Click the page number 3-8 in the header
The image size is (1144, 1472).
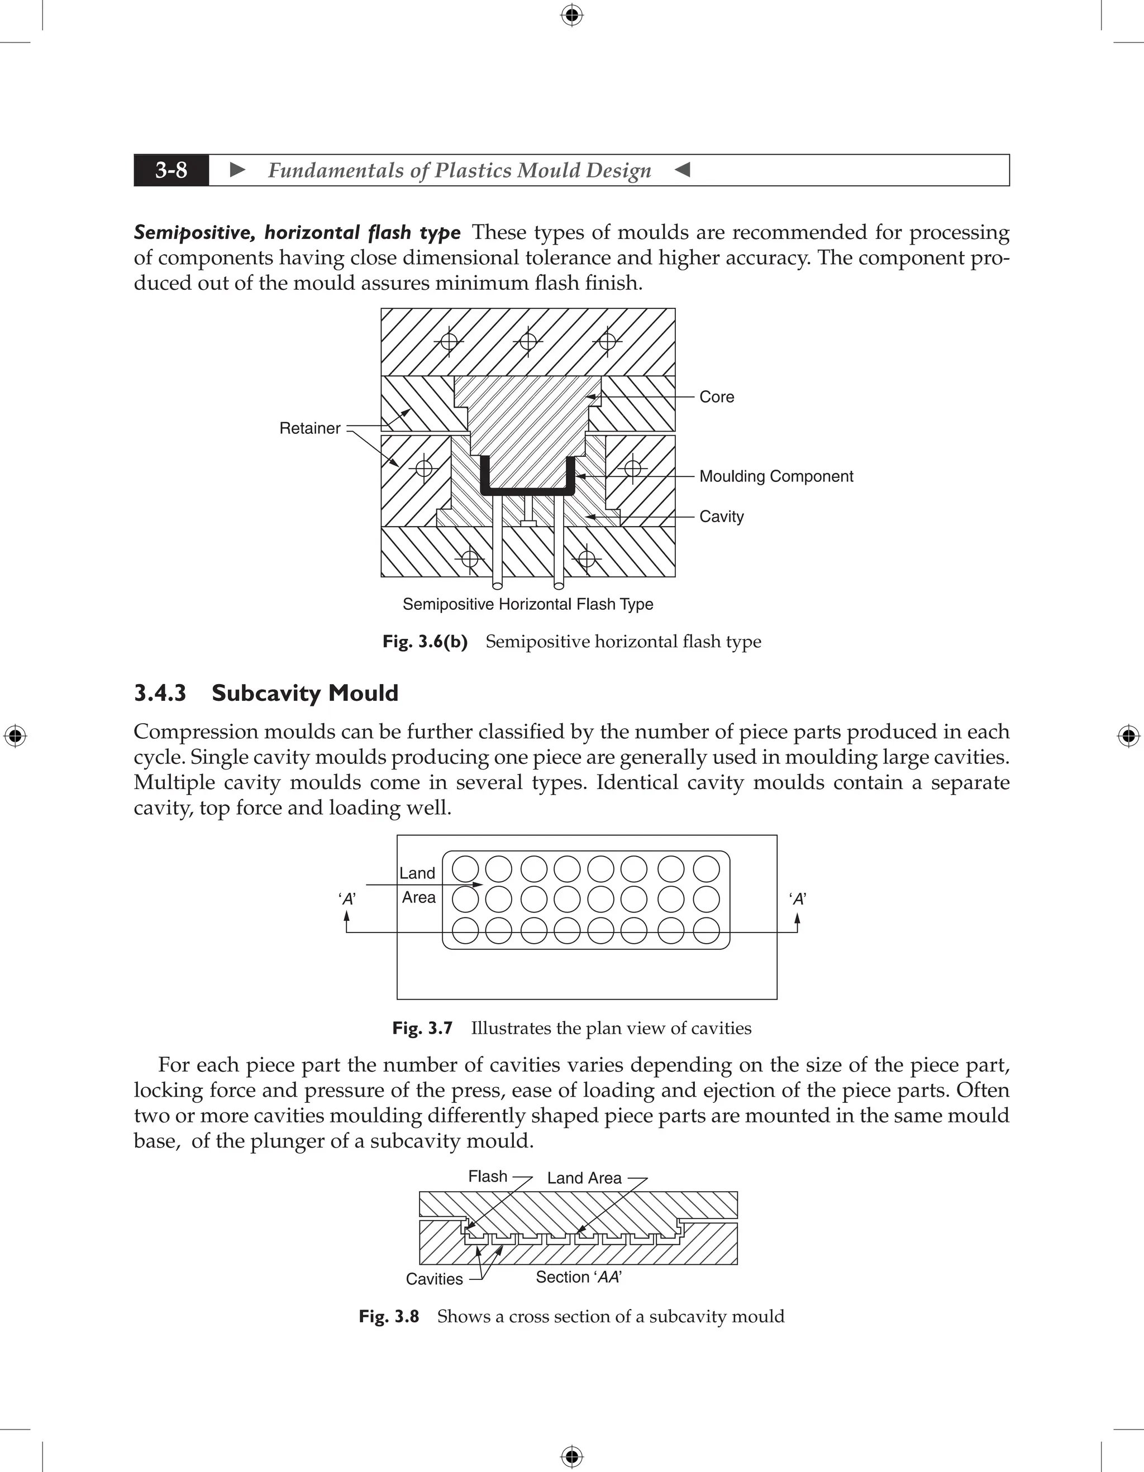[x=171, y=170]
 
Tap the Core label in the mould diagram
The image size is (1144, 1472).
[x=717, y=397]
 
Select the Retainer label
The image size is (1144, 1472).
[x=309, y=429]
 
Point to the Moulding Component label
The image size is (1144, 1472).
[x=776, y=476]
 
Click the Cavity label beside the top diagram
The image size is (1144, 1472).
[x=721, y=517]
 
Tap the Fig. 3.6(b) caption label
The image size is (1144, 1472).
[x=425, y=642]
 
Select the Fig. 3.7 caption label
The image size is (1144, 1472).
[x=422, y=1029]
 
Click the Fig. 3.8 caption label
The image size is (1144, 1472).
[x=388, y=1316]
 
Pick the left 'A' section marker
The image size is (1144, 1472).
[x=347, y=899]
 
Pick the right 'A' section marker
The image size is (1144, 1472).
[x=798, y=899]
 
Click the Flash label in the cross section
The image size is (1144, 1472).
[x=488, y=1177]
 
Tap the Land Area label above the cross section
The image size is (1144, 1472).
[x=584, y=1178]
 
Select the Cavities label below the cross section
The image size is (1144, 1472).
[x=434, y=1279]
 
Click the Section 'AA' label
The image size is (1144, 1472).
[x=578, y=1277]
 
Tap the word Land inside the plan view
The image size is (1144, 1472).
[x=417, y=873]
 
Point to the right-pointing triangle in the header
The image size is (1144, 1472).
[x=237, y=170]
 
